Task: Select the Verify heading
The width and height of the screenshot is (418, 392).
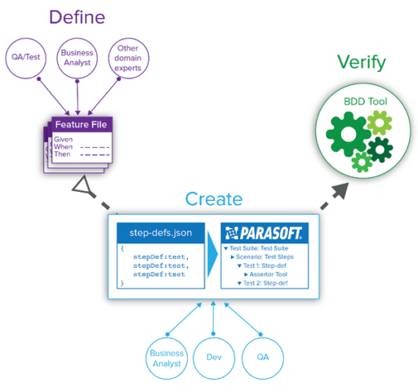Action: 361,63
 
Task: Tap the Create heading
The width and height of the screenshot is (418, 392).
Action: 214,198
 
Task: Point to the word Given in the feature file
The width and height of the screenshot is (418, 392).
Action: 64,140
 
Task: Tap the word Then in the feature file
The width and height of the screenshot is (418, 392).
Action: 63,154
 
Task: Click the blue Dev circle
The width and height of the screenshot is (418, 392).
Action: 214,358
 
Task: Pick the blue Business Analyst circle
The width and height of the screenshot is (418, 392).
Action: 167,358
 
